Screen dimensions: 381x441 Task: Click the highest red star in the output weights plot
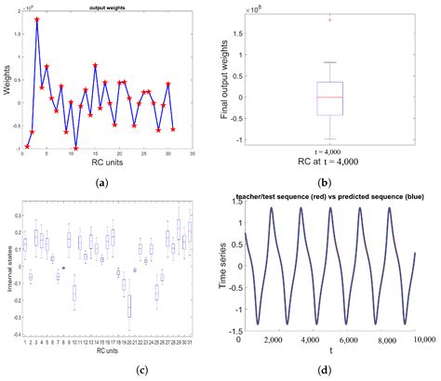37,19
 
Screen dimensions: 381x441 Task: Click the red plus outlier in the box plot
329,19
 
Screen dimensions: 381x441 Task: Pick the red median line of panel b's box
329,97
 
